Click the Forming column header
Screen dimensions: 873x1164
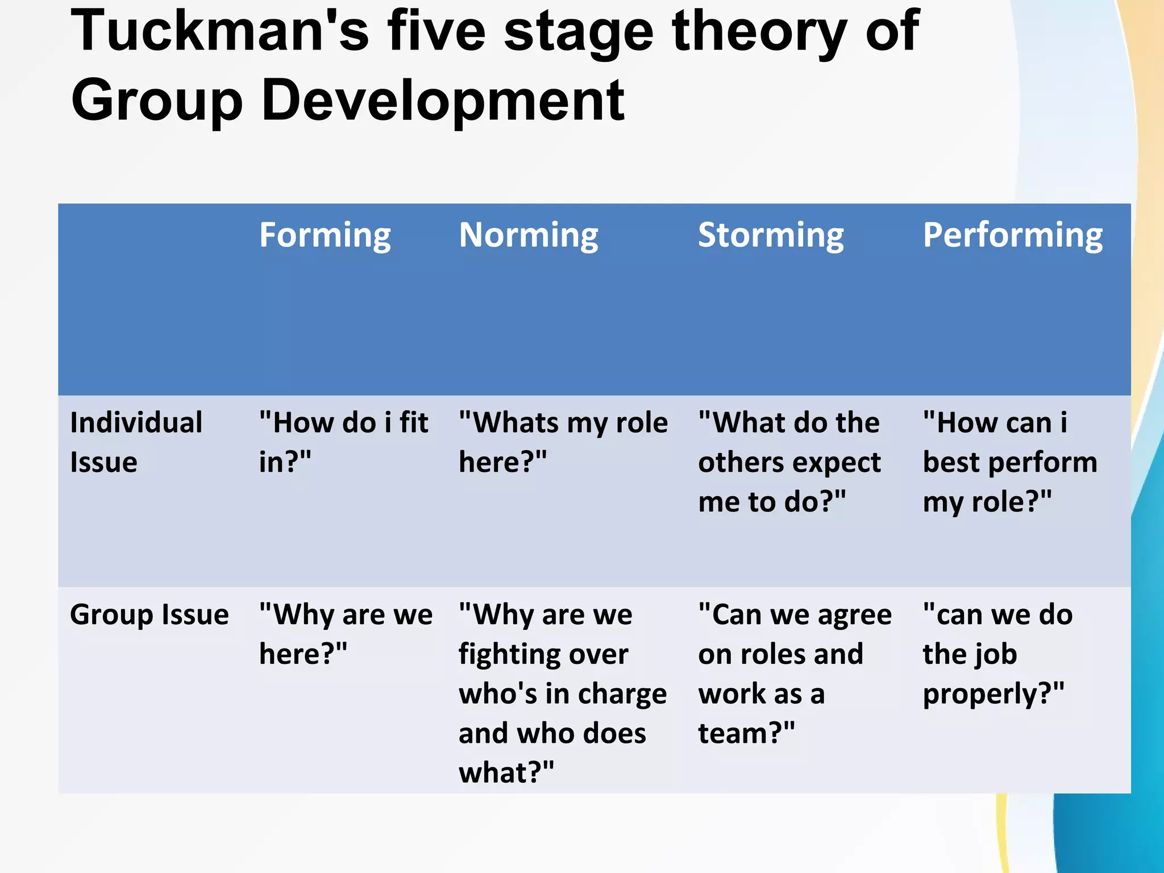coord(325,235)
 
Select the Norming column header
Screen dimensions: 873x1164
coord(528,235)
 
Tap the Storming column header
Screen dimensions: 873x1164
coord(771,235)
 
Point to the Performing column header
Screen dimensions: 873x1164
coord(1012,235)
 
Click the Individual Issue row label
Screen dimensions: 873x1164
coord(136,442)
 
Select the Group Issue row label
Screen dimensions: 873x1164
coord(149,614)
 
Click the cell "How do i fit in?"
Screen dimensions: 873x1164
coord(343,442)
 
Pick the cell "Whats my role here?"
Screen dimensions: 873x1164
coord(563,442)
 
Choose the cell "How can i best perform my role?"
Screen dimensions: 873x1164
coord(1009,462)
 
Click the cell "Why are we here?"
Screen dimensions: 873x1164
coord(345,634)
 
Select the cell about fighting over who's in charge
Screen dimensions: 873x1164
coord(562,693)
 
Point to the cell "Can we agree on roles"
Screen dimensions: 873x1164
coord(795,674)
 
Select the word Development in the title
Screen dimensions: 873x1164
coord(443,100)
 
